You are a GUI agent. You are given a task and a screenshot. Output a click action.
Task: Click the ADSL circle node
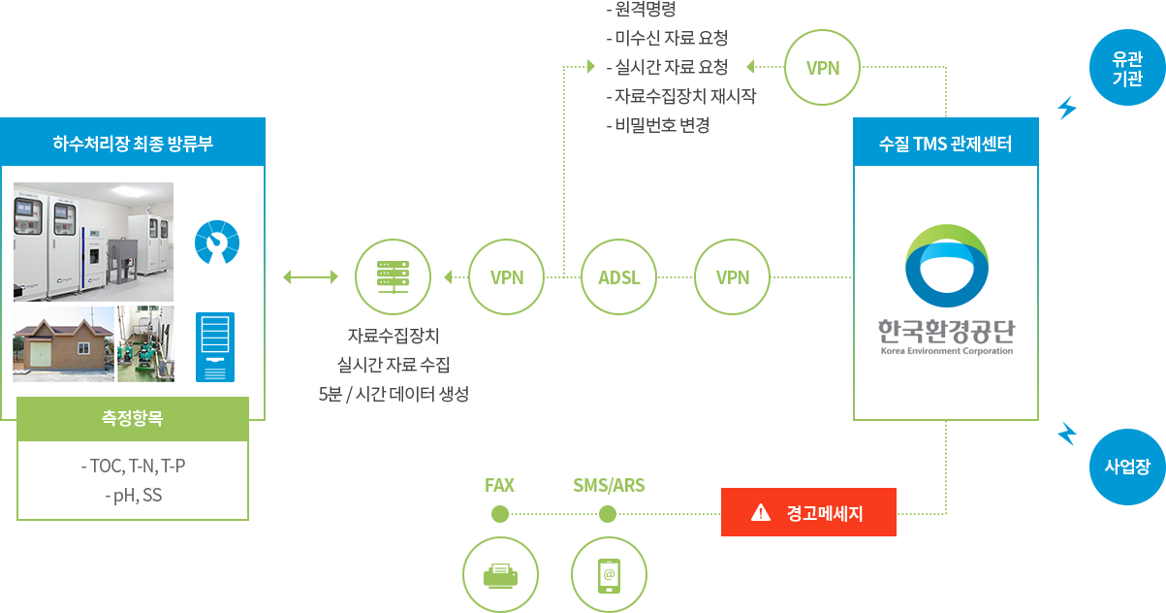point(618,277)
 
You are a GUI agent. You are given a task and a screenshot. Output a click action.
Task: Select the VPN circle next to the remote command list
point(823,68)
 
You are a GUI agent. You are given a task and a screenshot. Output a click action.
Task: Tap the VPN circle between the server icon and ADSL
point(507,277)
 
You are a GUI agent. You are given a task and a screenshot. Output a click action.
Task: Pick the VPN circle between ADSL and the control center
point(733,277)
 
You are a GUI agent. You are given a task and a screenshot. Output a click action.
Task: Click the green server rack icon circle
point(393,277)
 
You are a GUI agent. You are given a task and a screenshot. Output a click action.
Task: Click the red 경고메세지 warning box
point(807,512)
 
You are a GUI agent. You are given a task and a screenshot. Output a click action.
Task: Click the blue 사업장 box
point(1126,467)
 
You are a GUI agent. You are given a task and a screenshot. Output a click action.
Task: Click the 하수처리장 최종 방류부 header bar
point(133,144)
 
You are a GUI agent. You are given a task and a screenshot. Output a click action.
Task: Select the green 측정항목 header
point(133,419)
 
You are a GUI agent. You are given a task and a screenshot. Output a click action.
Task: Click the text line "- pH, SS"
point(133,496)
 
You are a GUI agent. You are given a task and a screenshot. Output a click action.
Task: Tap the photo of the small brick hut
point(64,343)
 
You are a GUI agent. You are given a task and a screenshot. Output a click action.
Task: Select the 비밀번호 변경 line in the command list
point(663,125)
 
